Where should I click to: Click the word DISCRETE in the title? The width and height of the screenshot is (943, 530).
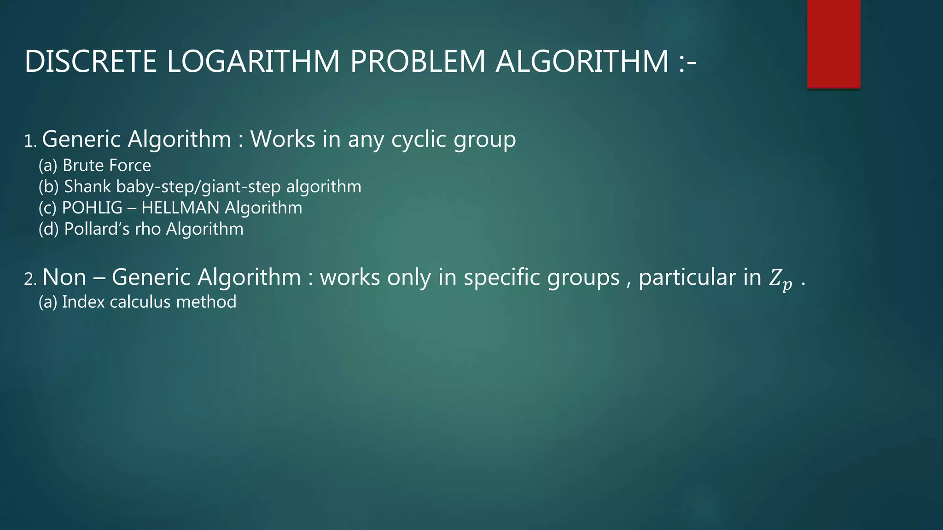pyautogui.click(x=90, y=61)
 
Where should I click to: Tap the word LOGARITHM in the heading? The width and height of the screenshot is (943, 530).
pyautogui.click(x=253, y=61)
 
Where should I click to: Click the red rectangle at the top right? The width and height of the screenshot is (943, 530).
pyautogui.click(x=833, y=44)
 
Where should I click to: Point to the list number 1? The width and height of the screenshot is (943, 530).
pyautogui.click(x=29, y=141)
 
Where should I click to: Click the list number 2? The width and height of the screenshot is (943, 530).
pyautogui.click(x=30, y=279)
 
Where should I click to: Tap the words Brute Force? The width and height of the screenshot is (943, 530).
pyautogui.click(x=106, y=165)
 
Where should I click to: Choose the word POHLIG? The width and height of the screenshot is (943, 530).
pyautogui.click(x=92, y=207)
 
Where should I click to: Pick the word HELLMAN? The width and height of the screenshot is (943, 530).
pyautogui.click(x=180, y=207)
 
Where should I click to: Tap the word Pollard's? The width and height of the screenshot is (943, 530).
pyautogui.click(x=97, y=229)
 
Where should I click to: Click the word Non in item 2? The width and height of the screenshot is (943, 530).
pyautogui.click(x=64, y=277)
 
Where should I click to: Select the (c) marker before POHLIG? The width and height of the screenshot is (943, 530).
pyautogui.click(x=47, y=208)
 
